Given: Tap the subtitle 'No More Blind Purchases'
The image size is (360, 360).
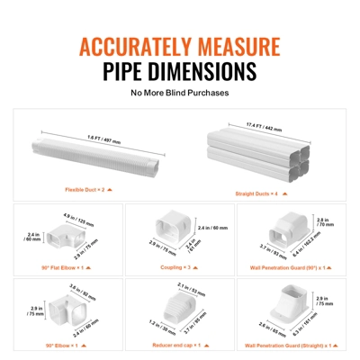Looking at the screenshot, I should pos(179,92).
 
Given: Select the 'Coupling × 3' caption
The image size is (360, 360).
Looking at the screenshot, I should pos(179,267).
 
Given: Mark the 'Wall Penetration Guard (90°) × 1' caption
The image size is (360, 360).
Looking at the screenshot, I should pos(290,267).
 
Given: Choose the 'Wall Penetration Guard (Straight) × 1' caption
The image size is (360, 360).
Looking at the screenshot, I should pos(290,344).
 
